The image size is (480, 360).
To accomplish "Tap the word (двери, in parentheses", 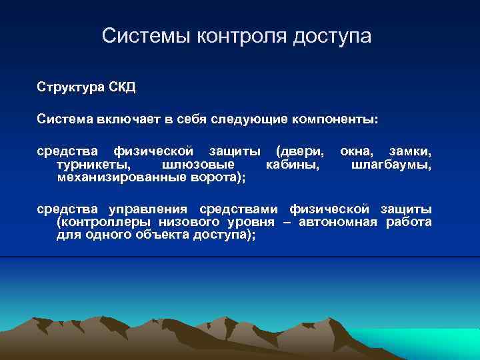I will [x=301, y=151].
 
